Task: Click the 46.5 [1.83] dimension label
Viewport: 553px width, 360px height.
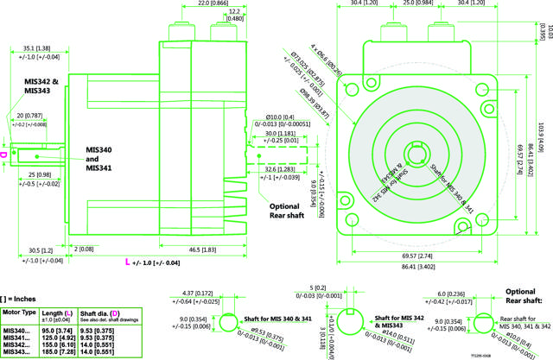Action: pyautogui.click(x=205, y=249)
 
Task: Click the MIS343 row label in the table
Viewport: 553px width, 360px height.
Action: pyautogui.click(x=17, y=352)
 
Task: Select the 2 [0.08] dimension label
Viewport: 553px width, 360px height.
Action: pyautogui.click(x=85, y=249)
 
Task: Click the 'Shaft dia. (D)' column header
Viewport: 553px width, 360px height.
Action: pyautogui.click(x=99, y=313)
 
